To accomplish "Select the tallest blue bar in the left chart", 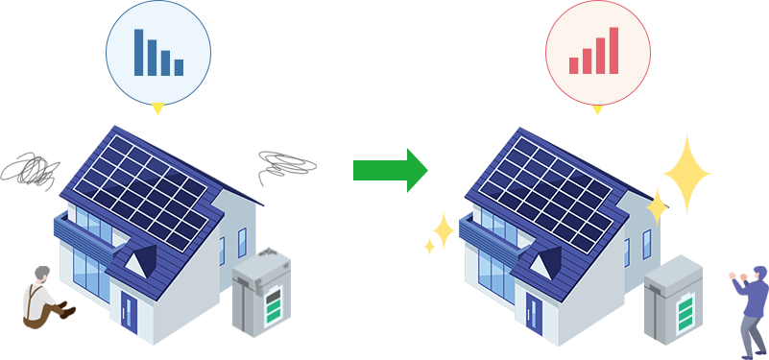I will [x=139, y=52].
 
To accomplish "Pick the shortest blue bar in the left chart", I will [x=179, y=67].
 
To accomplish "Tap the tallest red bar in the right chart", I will [x=612, y=50].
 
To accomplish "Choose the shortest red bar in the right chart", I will [x=573, y=65].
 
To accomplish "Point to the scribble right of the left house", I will [x=285, y=164].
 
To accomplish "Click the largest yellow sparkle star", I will [x=686, y=173].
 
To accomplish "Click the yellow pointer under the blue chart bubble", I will [x=158, y=108].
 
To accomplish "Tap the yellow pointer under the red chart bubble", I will [x=597, y=108].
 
